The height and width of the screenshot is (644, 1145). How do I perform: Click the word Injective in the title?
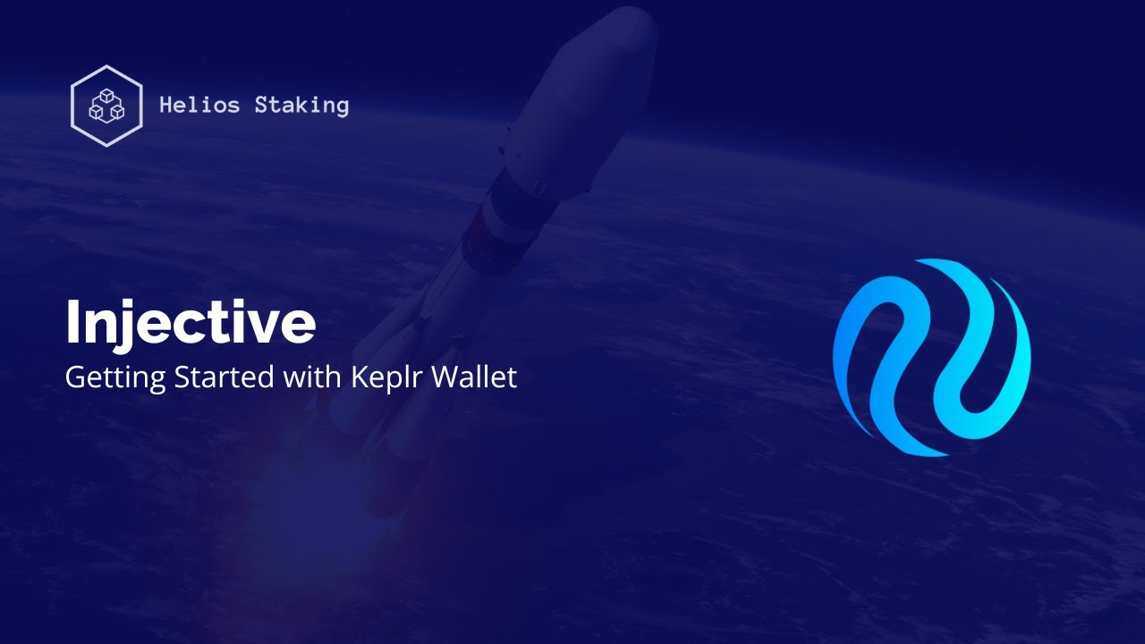190,324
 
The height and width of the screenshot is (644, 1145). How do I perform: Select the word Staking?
301,106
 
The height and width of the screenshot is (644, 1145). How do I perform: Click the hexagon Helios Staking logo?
106,106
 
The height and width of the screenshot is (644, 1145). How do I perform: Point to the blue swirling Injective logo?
931,358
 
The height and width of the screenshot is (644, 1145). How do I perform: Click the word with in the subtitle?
310,377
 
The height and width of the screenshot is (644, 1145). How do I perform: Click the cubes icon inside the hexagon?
106,106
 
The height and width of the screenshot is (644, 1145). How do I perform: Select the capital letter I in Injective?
72,323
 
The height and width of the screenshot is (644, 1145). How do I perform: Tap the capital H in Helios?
166,106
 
